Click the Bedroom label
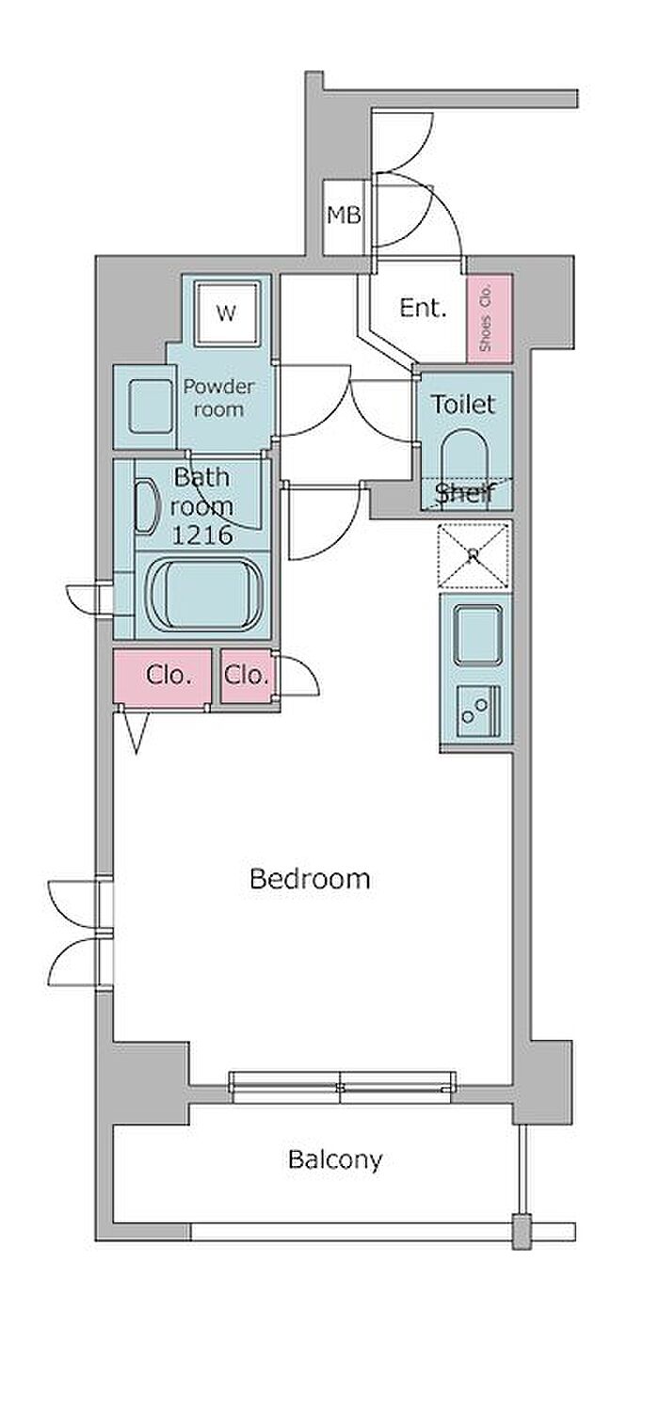click(310, 879)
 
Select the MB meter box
click(344, 216)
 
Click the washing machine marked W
click(226, 312)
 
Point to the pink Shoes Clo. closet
click(489, 318)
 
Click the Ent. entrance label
click(423, 308)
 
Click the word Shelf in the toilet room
click(465, 494)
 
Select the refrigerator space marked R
click(473, 554)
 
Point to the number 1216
click(202, 535)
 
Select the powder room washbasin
click(152, 407)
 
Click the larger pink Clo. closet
click(162, 677)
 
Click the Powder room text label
click(218, 398)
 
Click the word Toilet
click(464, 405)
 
